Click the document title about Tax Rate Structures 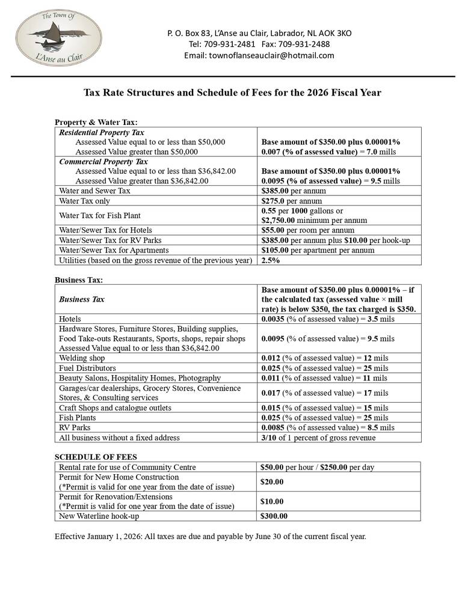coord(232,93)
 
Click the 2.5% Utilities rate coord(271,260)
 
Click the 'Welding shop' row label coord(82,358)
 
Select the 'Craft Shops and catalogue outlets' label coord(115,407)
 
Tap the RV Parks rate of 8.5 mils coord(328,427)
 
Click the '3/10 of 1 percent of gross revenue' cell coord(318,438)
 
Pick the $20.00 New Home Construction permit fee coord(272,481)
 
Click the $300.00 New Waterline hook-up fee coord(274,516)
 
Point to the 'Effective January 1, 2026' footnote coord(210,535)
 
